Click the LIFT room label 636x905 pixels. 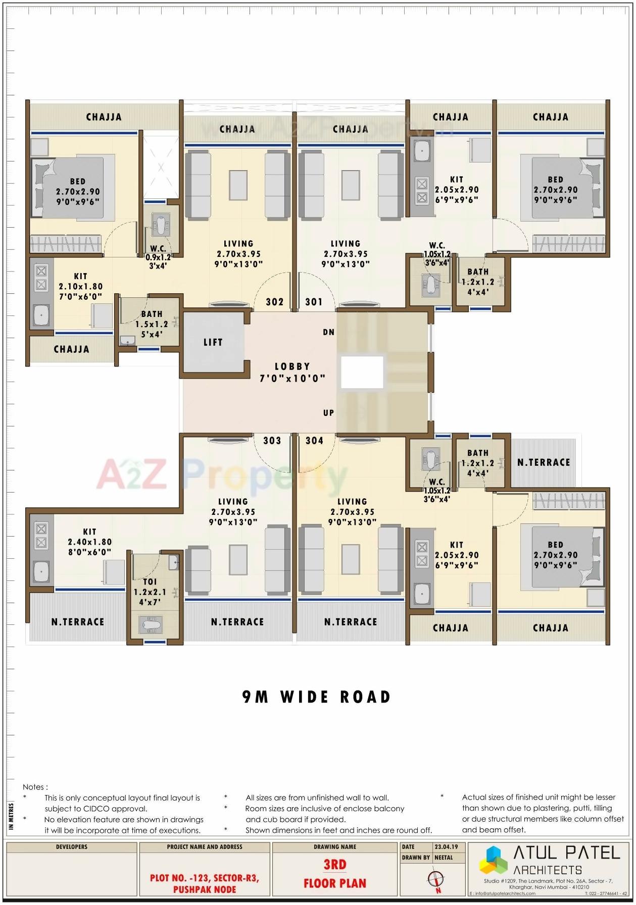pos(213,342)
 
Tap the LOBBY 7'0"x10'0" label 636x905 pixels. pos(292,372)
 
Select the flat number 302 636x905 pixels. pos(274,302)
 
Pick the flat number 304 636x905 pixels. pos(314,441)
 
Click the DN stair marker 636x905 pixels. pos(328,332)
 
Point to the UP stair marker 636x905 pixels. pos(328,413)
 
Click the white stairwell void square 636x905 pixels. pos(362,372)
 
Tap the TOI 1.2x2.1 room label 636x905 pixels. pos(150,592)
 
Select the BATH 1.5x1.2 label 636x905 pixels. pos(152,324)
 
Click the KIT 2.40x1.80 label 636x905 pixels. pos(90,542)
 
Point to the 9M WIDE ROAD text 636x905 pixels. pos(317,697)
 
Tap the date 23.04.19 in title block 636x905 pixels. pos(446,846)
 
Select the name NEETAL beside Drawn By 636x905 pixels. pos(444,857)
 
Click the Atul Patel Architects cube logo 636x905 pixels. pos(493,860)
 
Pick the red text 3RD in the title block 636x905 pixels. pos(335,865)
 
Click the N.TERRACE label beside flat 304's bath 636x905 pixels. pos(544,462)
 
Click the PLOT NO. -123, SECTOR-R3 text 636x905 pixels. pos(205,878)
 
